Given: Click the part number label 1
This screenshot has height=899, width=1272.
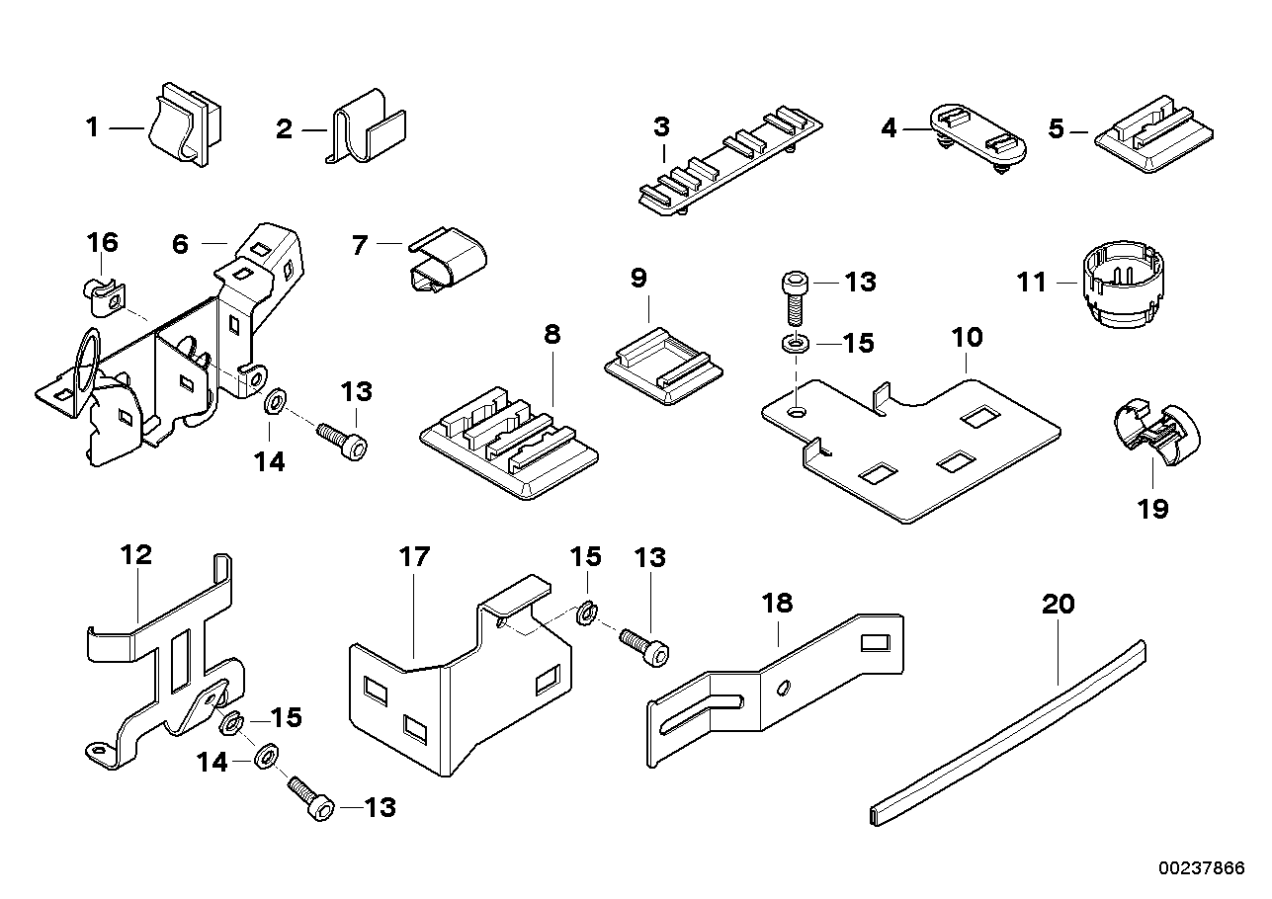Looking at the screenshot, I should tap(92, 127).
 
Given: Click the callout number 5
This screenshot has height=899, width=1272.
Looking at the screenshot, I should tap(1057, 129).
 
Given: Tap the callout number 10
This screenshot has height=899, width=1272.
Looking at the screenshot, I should tap(968, 338).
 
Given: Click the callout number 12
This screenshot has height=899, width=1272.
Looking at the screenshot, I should tap(136, 554).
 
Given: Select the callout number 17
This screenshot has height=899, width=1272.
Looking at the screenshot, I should tap(415, 556).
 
